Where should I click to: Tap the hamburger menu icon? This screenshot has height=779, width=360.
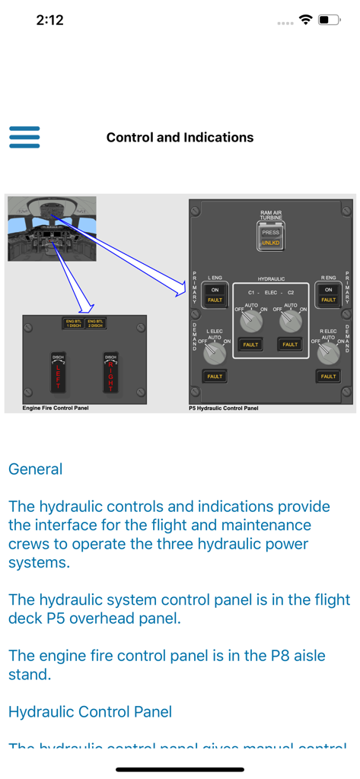tap(24, 137)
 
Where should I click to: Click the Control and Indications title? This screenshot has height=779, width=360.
tap(180, 138)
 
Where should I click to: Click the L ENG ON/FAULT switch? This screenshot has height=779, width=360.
tap(215, 294)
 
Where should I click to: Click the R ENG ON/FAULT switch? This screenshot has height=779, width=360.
tap(328, 294)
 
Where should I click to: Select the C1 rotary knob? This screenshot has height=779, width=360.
tap(250, 322)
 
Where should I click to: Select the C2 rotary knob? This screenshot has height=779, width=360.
tap(290, 322)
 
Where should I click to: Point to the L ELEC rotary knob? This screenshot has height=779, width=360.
tap(215, 351)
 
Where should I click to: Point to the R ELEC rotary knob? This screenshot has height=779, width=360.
tap(328, 351)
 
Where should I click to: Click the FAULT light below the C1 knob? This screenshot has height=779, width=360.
tap(250, 345)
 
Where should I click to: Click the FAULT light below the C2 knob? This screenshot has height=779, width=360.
tap(290, 345)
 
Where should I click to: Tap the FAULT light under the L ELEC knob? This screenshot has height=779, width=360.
tap(215, 376)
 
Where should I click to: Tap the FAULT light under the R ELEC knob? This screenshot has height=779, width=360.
tap(328, 376)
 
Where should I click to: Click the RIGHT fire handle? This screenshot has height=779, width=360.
tap(110, 374)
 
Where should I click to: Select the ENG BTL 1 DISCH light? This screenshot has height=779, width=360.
tap(73, 323)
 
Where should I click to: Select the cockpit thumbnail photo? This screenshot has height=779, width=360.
tap(52, 229)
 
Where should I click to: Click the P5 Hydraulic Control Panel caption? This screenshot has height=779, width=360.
tap(224, 409)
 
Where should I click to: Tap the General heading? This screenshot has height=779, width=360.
tap(35, 469)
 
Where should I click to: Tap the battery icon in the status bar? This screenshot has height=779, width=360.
tap(328, 21)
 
